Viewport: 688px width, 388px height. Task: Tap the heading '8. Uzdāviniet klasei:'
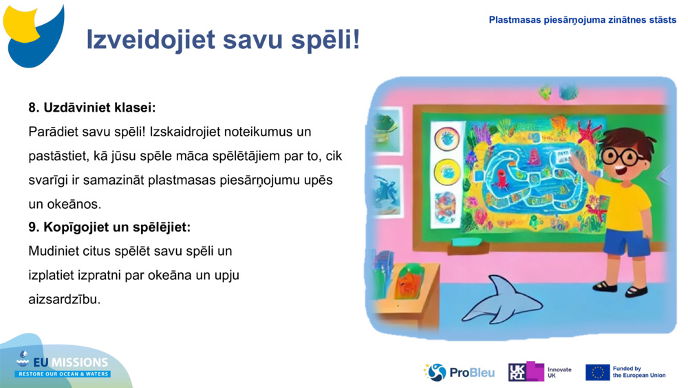[x=92, y=108]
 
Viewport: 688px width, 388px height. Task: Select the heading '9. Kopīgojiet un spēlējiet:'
[x=109, y=227]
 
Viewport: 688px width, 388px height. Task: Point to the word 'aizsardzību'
[x=64, y=299]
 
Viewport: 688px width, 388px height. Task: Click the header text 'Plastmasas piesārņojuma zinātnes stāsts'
[x=582, y=20]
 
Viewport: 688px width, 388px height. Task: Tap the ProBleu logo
[x=459, y=372]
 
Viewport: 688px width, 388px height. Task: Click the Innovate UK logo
[x=540, y=372]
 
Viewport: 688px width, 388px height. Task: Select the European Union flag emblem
[x=597, y=372]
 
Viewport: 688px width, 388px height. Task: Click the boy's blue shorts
[x=625, y=242]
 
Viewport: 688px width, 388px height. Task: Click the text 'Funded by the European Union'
[x=638, y=372]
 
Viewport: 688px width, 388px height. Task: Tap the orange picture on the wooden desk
[x=408, y=283]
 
